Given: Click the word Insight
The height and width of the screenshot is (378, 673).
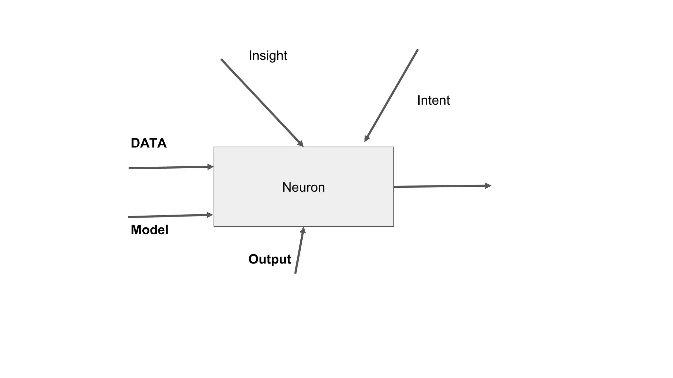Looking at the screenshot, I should point(268,55).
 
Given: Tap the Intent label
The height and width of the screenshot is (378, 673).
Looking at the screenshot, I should point(433,100).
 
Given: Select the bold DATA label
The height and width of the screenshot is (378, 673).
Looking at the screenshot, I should point(149,143).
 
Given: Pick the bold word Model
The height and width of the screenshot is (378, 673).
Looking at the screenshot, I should point(150,230).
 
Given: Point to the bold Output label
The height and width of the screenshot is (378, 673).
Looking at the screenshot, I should point(269,259).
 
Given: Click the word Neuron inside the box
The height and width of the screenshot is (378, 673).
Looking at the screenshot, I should point(304,187).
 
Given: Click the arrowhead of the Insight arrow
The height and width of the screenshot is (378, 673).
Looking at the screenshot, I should point(301,144).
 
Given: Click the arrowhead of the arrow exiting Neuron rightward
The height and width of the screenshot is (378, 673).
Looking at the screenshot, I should point(488,186).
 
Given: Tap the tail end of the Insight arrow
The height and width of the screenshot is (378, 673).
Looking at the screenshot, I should point(221,59).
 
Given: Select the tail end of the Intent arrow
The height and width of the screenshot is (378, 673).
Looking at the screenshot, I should point(418,50).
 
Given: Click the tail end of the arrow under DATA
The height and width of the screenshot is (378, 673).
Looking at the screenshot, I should point(129,168).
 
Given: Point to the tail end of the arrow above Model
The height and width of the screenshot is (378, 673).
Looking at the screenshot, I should point(128,217).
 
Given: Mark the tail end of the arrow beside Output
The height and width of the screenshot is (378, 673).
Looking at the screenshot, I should point(295,273).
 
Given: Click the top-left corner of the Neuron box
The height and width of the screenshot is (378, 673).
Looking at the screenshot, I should point(214,147).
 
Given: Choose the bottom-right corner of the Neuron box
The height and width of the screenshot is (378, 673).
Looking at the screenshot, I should point(394,226).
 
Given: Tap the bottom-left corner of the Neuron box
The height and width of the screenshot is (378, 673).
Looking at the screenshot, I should point(214,226).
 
